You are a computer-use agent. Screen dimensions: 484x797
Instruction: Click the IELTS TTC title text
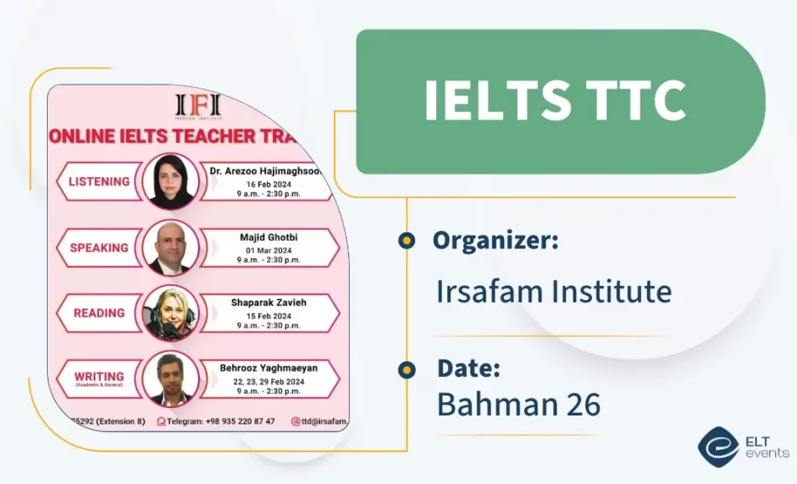point(555,102)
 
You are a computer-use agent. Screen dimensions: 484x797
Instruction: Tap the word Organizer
point(496,241)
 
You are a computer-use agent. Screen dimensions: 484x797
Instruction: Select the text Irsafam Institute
point(553,292)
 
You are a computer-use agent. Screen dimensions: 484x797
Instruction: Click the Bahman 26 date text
point(518,404)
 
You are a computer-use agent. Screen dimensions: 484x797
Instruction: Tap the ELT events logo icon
point(717,446)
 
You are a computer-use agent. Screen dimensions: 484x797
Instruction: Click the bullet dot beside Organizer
point(407,241)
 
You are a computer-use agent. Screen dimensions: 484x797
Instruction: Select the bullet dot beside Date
point(407,369)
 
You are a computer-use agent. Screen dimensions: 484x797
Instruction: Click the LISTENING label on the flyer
point(99,181)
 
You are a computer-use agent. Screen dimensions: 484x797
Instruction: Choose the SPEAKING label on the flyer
point(99,247)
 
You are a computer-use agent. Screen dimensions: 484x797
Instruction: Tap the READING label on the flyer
point(99,313)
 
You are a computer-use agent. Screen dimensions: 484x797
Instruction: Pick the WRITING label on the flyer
point(99,377)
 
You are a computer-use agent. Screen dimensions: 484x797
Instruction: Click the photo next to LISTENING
point(171,181)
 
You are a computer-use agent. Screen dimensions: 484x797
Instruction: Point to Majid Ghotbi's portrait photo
point(171,247)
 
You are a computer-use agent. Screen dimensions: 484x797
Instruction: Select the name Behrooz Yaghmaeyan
point(268,367)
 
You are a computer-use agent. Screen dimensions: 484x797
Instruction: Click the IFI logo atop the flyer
point(198,105)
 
